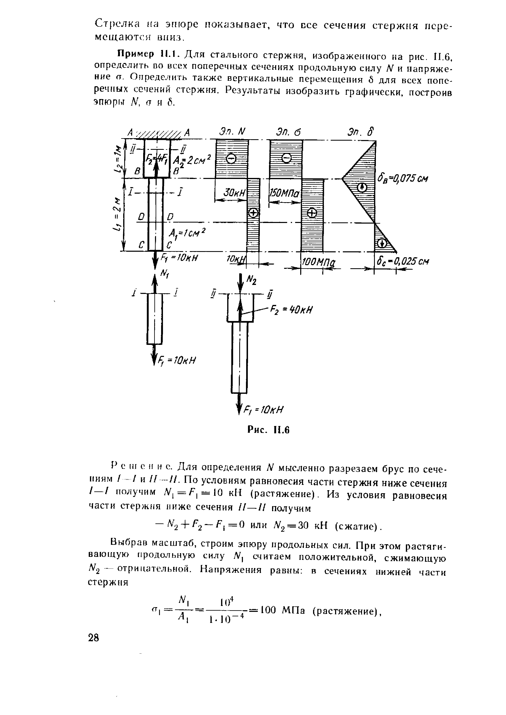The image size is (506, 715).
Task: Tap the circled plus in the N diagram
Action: [x=253, y=213]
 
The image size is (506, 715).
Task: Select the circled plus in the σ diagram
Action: [x=312, y=213]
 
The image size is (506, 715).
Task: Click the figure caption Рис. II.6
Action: [x=269, y=430]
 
